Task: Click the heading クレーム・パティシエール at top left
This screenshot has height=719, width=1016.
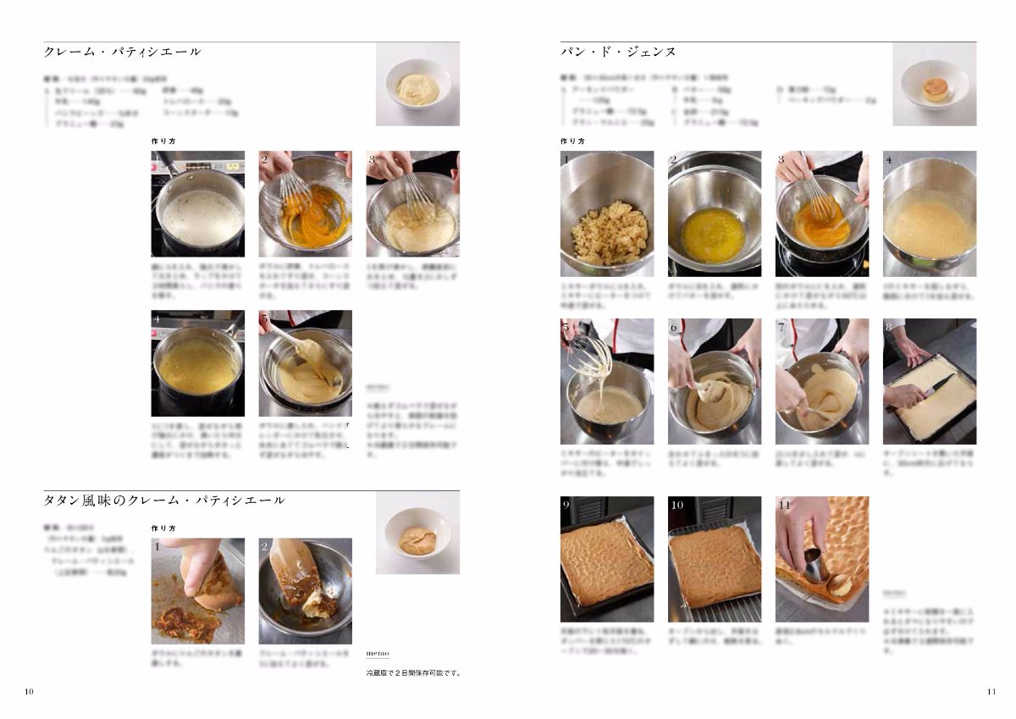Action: (123, 52)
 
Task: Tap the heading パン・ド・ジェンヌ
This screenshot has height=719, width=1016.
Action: (618, 52)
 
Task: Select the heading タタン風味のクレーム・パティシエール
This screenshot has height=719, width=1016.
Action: (164, 501)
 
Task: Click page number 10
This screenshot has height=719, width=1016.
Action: (30, 692)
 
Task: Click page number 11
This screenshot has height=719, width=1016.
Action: (991, 692)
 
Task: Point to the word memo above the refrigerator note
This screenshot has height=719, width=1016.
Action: (377, 654)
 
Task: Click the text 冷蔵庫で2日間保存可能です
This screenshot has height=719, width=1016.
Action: (414, 673)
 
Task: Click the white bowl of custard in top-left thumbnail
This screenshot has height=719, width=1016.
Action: (417, 87)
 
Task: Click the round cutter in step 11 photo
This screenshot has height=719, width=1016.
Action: (816, 564)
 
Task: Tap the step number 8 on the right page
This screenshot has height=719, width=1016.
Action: (889, 327)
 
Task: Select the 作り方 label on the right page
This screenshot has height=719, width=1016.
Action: (572, 141)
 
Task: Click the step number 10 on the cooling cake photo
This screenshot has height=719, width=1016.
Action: (676, 505)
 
